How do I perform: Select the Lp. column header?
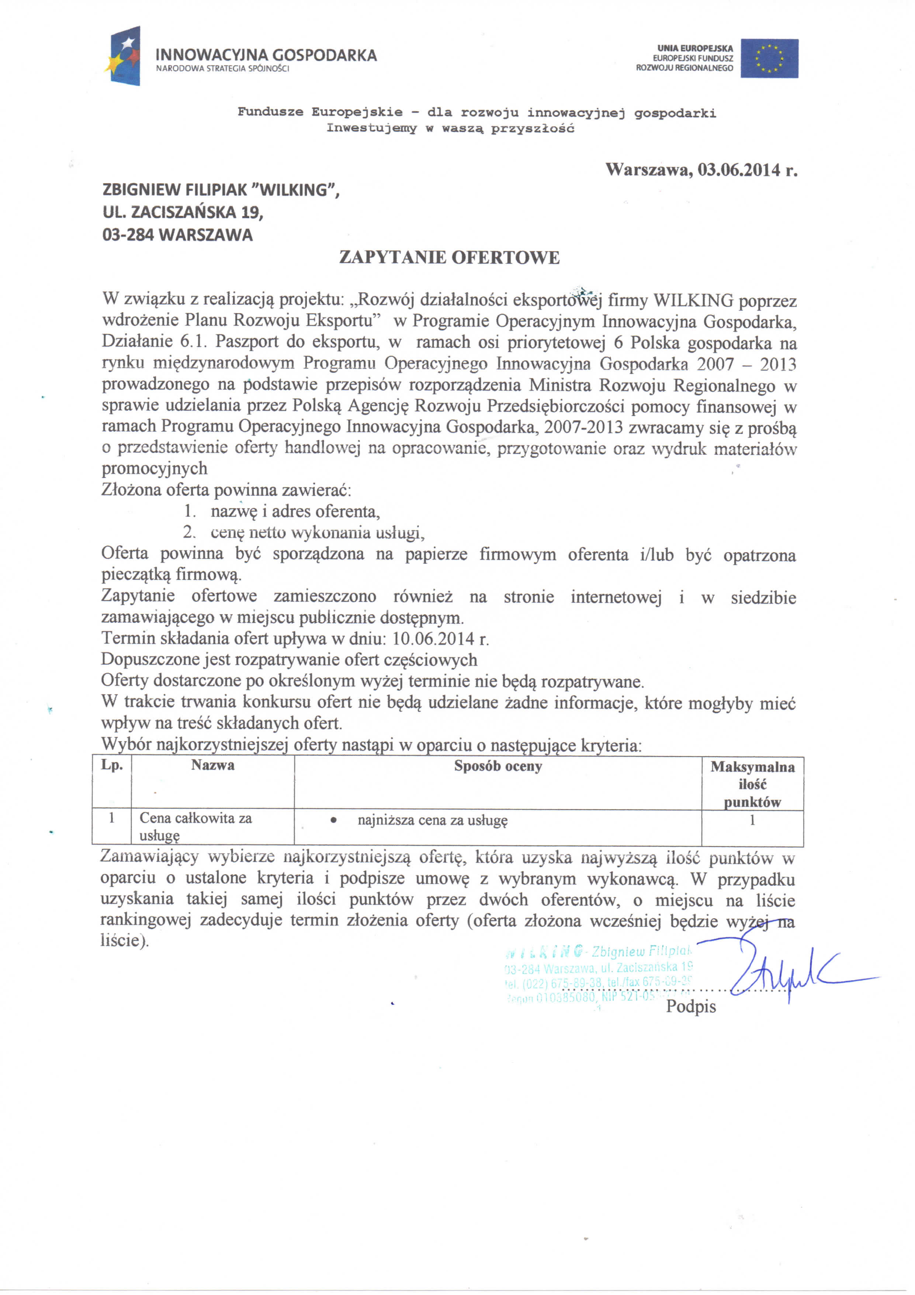point(112,765)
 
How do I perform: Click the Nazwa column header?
point(212,765)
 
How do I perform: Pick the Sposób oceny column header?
point(498,766)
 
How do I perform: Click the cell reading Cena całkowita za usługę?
point(195,826)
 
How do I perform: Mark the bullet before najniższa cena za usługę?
point(334,821)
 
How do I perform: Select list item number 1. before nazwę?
point(190,512)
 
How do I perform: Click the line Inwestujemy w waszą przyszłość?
point(450,128)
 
